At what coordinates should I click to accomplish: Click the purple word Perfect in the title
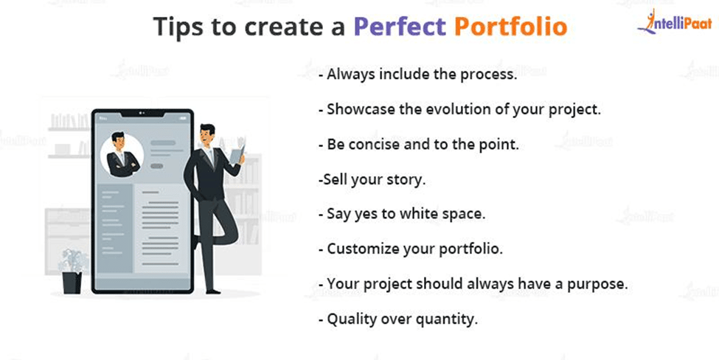[x=400, y=27]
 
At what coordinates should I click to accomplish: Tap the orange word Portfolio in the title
[x=511, y=27]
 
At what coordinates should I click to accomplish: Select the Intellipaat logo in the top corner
[x=674, y=21]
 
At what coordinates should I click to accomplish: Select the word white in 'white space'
[x=418, y=214]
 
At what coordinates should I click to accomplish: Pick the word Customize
[x=363, y=249]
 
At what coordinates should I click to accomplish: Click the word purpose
[x=597, y=285]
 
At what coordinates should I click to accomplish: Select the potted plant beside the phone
[x=72, y=271]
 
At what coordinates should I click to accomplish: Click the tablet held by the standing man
[x=236, y=153]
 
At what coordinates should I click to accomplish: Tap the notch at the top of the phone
[x=142, y=113]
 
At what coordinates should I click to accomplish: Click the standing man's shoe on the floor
[x=212, y=291]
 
